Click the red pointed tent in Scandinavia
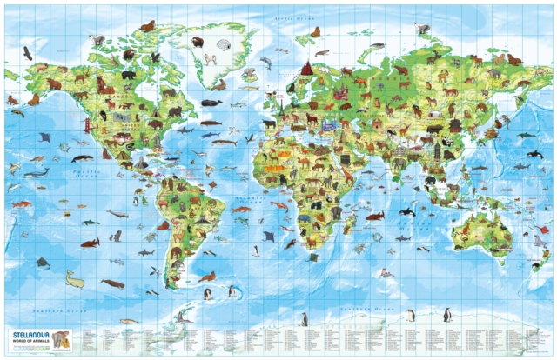click(x=306, y=68)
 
